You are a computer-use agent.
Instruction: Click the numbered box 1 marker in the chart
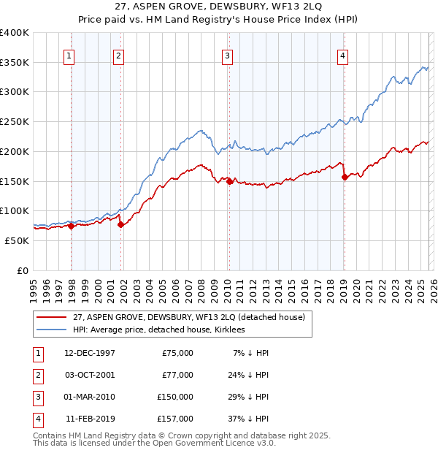coord(69,56)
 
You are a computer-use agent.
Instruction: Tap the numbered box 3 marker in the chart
coord(227,56)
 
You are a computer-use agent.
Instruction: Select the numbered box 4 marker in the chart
coord(342,56)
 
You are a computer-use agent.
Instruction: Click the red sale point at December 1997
coord(72,226)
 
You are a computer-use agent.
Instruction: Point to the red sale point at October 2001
coord(121,224)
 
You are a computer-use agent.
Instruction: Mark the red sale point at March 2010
coord(229,182)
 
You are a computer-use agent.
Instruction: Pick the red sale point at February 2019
coord(345,178)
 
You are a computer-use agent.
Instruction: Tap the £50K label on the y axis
coord(17,240)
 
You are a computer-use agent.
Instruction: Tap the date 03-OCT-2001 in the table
coord(90,375)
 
